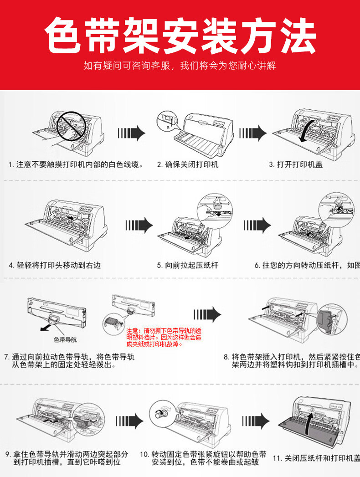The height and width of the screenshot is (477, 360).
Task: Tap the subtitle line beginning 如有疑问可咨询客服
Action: click(180, 66)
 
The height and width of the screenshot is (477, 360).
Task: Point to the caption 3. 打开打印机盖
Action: click(296, 164)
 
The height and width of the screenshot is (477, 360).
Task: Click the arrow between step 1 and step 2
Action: click(131, 133)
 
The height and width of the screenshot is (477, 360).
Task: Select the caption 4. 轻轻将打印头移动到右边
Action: click(55, 265)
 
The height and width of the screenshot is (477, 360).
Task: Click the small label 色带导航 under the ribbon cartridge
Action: click(66, 339)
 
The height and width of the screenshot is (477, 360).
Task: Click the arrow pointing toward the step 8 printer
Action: click(207, 315)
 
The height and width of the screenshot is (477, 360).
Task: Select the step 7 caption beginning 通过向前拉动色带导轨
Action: click(68, 361)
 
